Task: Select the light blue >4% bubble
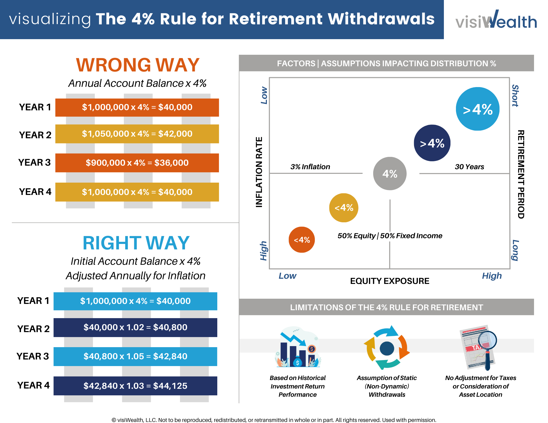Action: pyautogui.click(x=478, y=109)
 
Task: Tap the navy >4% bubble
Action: pyautogui.click(x=432, y=143)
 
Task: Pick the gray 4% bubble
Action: pyautogui.click(x=390, y=174)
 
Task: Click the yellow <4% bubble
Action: pyautogui.click(x=344, y=208)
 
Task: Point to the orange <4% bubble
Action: pyautogui.click(x=302, y=240)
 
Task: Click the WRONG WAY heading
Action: pyautogui.click(x=138, y=65)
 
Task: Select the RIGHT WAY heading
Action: pyautogui.click(x=136, y=243)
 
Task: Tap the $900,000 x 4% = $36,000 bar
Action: pyautogui.click(x=137, y=163)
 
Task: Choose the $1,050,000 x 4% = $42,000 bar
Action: pyautogui.click(x=137, y=134)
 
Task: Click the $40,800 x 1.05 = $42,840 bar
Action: pyautogui.click(x=135, y=356)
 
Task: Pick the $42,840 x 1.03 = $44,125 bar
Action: pyautogui.click(x=135, y=386)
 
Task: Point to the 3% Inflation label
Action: pyautogui.click(x=310, y=167)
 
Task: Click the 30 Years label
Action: pyautogui.click(x=469, y=167)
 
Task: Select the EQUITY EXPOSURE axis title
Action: pyautogui.click(x=390, y=281)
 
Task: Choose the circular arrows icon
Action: pyautogui.click(x=387, y=348)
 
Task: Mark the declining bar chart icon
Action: pyautogui.click(x=298, y=347)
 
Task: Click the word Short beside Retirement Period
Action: pyautogui.click(x=515, y=96)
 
